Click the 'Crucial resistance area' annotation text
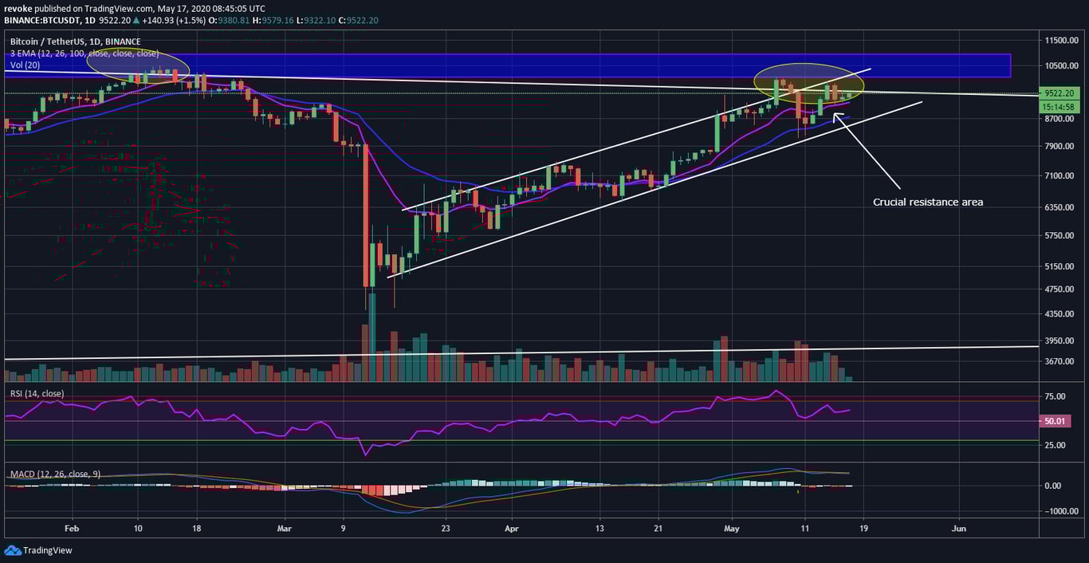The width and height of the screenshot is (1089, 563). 927,203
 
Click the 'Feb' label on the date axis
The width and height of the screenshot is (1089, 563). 72,528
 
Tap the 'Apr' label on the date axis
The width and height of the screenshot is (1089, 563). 512,528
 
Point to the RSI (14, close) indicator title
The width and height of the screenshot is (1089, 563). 37,394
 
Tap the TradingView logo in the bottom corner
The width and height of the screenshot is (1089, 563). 38,550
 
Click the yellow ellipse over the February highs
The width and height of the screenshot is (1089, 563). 138,65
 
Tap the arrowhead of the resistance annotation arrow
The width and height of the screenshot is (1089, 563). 835,116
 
